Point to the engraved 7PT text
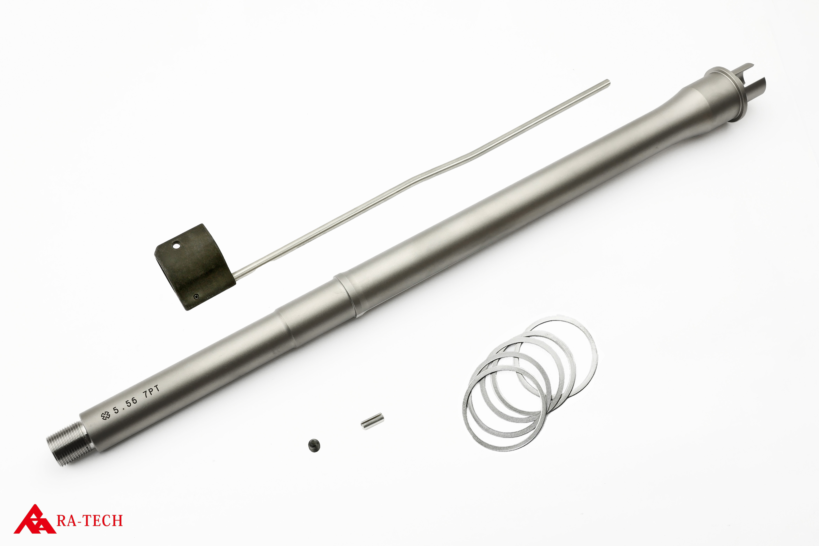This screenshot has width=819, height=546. click(152, 393)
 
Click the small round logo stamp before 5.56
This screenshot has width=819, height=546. click(105, 415)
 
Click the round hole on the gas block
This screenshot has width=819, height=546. click(177, 246)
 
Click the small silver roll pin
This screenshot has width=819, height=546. click(372, 421)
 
